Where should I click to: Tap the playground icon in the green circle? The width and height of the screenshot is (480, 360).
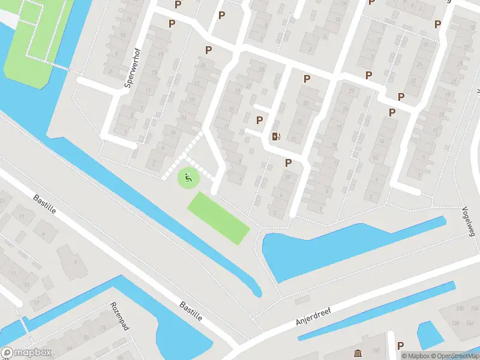tap(188, 178)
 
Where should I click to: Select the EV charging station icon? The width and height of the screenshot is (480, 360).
tap(275, 136)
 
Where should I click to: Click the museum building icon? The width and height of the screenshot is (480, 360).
tap(358, 352)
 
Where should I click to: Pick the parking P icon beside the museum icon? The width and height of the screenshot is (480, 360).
tap(400, 346)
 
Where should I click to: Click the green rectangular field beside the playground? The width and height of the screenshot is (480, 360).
tap(218, 218)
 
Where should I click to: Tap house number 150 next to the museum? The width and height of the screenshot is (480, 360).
tap(376, 351)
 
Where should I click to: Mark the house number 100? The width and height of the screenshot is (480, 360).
tap(460, 308)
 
